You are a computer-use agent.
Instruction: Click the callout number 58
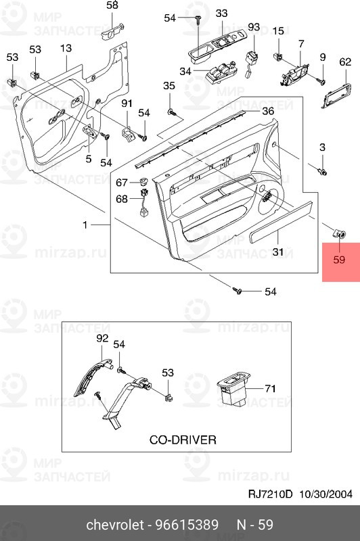click(x=112, y=5)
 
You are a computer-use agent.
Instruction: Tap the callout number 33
click(x=222, y=14)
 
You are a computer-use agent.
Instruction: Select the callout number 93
click(x=254, y=27)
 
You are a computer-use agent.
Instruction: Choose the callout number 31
click(x=277, y=252)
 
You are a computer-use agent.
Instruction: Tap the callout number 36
click(x=268, y=111)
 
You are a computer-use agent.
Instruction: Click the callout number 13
click(x=66, y=49)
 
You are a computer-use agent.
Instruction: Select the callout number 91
click(x=127, y=103)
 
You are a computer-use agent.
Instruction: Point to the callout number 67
click(x=121, y=183)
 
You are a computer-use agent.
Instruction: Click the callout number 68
click(x=121, y=199)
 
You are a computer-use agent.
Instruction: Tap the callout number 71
click(x=270, y=388)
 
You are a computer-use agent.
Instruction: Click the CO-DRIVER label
click(x=183, y=440)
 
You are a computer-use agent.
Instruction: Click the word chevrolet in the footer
click(x=115, y=525)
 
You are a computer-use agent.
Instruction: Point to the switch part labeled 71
click(x=231, y=390)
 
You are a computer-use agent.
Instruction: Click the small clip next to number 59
click(x=340, y=234)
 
